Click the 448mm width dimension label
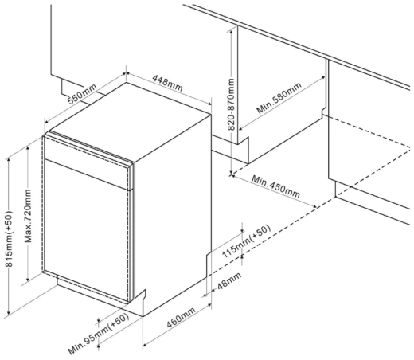tap(167, 83)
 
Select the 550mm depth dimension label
tap(82, 94)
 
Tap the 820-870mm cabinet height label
tap(232, 104)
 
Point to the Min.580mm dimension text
tap(279, 98)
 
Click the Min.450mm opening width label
tap(275, 186)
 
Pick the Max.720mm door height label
tap(28, 216)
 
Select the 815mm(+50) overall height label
tap(9, 239)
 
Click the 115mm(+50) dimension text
tap(246, 241)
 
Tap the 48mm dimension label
tap(229, 281)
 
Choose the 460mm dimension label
tap(181, 318)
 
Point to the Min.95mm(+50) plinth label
tap(99, 334)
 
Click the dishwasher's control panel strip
tap(88, 162)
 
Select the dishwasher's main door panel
tap(86, 231)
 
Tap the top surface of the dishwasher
tap(130, 121)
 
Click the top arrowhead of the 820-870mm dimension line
tap(232, 32)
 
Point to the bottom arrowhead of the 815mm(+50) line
tap(9, 312)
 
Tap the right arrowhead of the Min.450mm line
tap(314, 206)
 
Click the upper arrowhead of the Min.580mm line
tap(323, 78)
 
